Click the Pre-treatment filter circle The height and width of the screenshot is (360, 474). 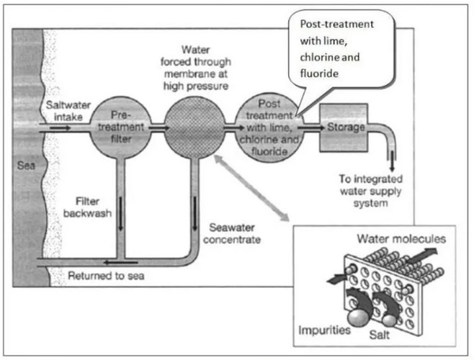click(x=120, y=127)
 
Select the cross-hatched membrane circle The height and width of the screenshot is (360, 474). click(x=194, y=127)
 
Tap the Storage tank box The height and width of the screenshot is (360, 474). click(x=344, y=127)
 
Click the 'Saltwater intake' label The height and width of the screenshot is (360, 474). click(x=68, y=111)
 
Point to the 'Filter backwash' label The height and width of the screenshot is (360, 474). click(x=87, y=207)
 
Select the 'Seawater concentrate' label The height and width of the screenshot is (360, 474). click(x=232, y=233)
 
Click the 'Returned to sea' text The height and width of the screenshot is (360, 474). click(x=106, y=276)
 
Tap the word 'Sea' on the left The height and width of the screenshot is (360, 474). click(x=26, y=166)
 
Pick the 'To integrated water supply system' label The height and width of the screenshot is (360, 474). click(x=370, y=191)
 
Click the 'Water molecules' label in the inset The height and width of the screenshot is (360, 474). click(x=401, y=239)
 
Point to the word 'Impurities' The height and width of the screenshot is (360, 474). click(x=324, y=330)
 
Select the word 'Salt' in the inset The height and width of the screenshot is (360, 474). click(x=380, y=335)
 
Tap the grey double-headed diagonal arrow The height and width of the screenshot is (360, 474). click(x=251, y=188)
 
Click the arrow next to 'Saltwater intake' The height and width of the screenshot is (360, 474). click(x=60, y=128)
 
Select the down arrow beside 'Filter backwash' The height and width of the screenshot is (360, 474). click(x=121, y=213)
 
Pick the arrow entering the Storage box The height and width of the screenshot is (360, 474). click(x=310, y=128)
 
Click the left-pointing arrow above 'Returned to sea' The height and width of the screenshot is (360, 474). click(x=120, y=262)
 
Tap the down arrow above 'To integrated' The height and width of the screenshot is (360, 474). click(x=392, y=161)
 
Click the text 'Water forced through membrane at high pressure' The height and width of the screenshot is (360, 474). click(x=196, y=68)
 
